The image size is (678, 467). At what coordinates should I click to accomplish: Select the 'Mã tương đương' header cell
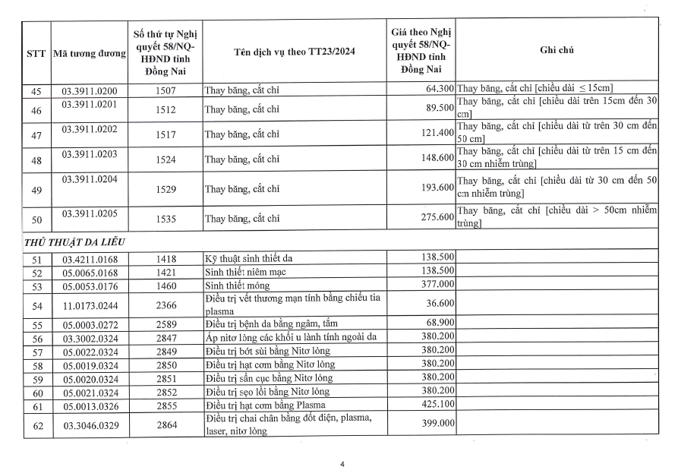tap(89, 55)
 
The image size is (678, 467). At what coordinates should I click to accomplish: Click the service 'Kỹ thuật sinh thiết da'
tap(251, 259)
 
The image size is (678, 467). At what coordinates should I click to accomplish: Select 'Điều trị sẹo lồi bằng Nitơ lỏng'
tap(267, 391)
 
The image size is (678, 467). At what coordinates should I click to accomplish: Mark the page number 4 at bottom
tap(342, 462)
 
